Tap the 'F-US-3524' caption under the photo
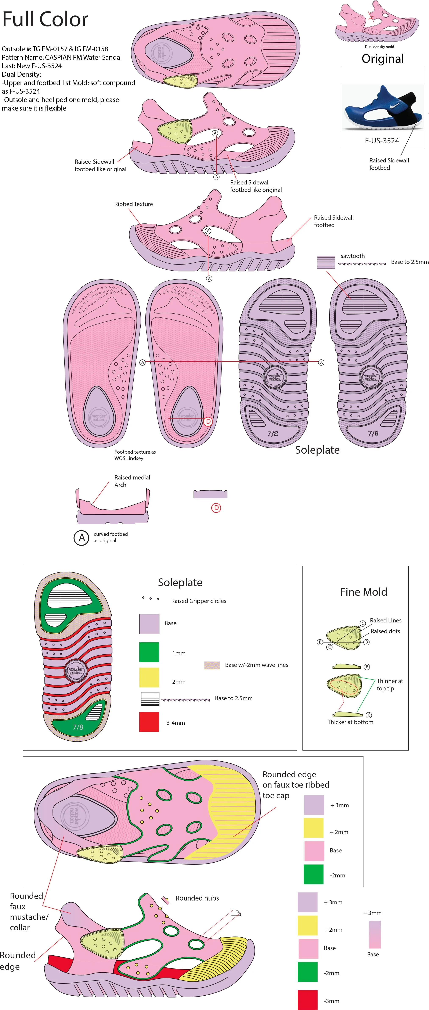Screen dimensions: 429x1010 tap(382, 141)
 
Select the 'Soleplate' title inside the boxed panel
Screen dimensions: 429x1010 tap(180, 583)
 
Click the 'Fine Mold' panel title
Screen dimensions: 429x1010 tap(364, 592)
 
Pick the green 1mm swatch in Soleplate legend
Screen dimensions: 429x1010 tap(149, 652)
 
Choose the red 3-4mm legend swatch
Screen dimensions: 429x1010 tap(149, 722)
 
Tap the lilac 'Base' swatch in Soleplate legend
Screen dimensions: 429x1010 tap(149, 624)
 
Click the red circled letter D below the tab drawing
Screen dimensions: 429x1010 tap(216, 508)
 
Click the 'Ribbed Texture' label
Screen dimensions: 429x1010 tap(133, 204)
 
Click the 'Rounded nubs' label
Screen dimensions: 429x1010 tap(197, 898)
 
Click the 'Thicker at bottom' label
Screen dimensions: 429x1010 tap(350, 722)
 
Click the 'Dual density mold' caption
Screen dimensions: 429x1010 tap(379, 47)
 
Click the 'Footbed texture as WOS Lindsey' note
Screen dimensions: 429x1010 tap(135, 455)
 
